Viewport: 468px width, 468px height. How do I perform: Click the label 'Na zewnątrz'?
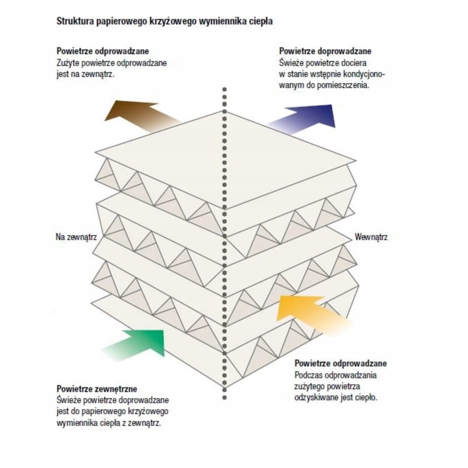[x=76, y=237]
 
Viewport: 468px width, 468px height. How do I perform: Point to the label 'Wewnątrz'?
[x=371, y=237]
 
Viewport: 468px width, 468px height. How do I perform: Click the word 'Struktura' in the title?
[x=74, y=21]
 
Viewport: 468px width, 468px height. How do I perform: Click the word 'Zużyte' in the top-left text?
[x=68, y=63]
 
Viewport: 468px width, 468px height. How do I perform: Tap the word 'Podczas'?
[x=308, y=374]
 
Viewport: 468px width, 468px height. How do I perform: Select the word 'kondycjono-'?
[x=364, y=74]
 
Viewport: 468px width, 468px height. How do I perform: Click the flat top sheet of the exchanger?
[x=225, y=158]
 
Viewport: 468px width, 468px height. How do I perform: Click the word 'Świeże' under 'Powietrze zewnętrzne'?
[x=69, y=400]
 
